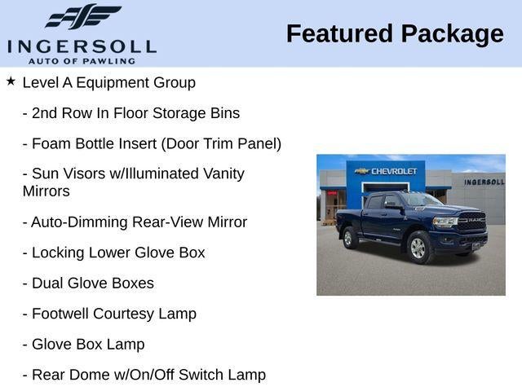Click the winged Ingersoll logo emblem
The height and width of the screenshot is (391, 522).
[83, 16]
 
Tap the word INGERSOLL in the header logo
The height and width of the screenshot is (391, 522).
[82, 46]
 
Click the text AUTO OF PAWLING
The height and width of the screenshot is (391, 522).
[82, 61]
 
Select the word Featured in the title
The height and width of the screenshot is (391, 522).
[339, 34]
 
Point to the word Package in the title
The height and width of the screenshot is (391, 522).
[453, 34]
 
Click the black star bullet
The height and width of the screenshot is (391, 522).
[11, 81]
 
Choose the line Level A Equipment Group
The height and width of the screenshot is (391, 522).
[108, 83]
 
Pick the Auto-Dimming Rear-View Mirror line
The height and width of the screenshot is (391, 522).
[135, 222]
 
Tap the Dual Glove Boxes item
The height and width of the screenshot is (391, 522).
[89, 283]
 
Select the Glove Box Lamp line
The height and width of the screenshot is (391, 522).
[83, 345]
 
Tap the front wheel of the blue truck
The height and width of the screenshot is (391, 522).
[418, 248]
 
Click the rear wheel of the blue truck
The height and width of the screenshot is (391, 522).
[348, 238]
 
